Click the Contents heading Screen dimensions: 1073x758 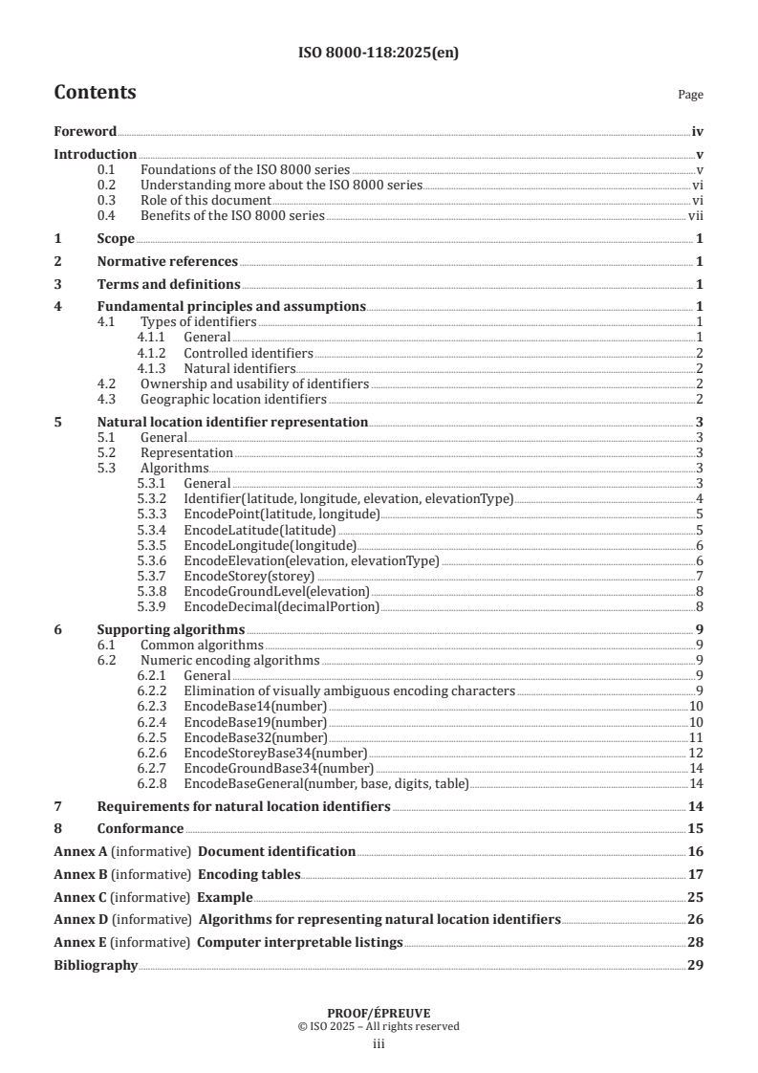point(95,93)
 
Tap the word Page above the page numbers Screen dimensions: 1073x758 point(690,95)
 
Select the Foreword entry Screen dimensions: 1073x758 point(85,131)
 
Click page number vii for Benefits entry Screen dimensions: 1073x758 point(697,217)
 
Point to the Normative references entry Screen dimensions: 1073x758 point(167,261)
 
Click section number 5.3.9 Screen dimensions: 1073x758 point(152,606)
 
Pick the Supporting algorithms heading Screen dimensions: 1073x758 point(171,629)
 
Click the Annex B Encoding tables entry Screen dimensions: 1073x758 point(249,874)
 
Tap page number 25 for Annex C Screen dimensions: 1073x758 point(696,897)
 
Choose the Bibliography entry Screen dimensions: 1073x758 point(96,966)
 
